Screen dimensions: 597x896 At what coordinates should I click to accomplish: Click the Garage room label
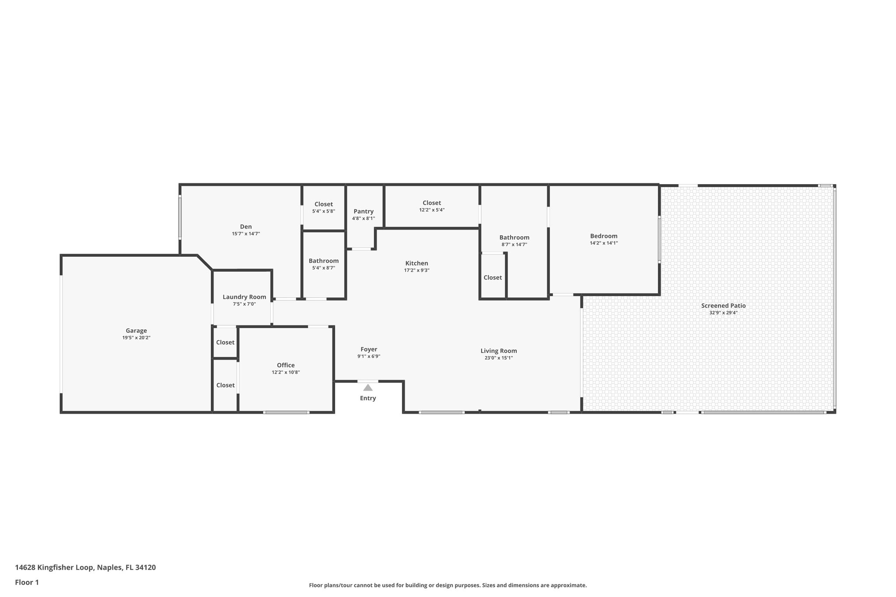pos(136,331)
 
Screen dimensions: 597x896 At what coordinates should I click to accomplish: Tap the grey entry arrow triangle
pos(368,388)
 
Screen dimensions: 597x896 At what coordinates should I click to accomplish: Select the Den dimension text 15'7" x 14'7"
pos(246,234)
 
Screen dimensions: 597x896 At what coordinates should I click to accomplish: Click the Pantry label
pos(364,211)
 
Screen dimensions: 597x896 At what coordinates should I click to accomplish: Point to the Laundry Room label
pos(244,297)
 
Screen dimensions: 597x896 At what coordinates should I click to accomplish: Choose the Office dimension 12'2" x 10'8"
pos(286,373)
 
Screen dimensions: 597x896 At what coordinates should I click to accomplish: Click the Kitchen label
pos(416,263)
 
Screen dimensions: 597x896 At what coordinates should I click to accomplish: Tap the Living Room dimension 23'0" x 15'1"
pos(499,358)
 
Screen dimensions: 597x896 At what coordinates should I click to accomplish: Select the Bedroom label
pos(604,236)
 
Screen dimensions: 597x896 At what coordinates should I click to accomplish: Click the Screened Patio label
pos(723,306)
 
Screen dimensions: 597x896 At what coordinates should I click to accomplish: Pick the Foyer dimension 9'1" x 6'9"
pos(369,356)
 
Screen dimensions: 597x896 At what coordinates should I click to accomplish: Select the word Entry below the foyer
pos(368,398)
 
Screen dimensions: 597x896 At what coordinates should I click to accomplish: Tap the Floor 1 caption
pos(27,583)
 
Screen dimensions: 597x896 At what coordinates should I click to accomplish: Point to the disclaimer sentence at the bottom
pos(448,585)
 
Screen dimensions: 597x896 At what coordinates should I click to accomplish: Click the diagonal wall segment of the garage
pos(205,262)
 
